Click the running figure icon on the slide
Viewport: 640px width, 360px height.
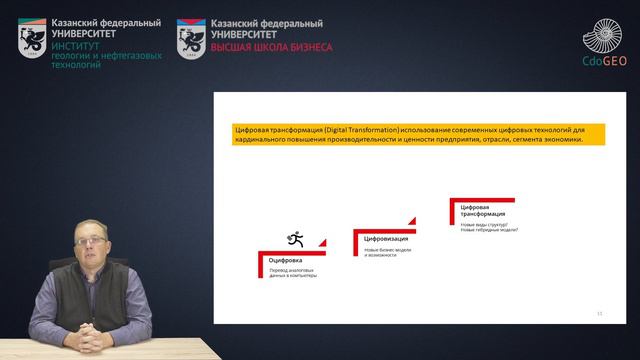click(x=295, y=239)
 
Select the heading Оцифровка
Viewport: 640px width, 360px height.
click(x=285, y=261)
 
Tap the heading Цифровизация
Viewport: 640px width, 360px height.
click(x=385, y=240)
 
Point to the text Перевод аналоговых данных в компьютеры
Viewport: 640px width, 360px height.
click(x=293, y=273)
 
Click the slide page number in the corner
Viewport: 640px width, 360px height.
click(x=599, y=313)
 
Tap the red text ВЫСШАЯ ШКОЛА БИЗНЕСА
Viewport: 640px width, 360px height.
click(x=271, y=47)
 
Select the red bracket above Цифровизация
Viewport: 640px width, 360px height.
click(x=383, y=231)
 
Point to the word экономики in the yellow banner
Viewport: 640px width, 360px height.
click(x=556, y=140)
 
